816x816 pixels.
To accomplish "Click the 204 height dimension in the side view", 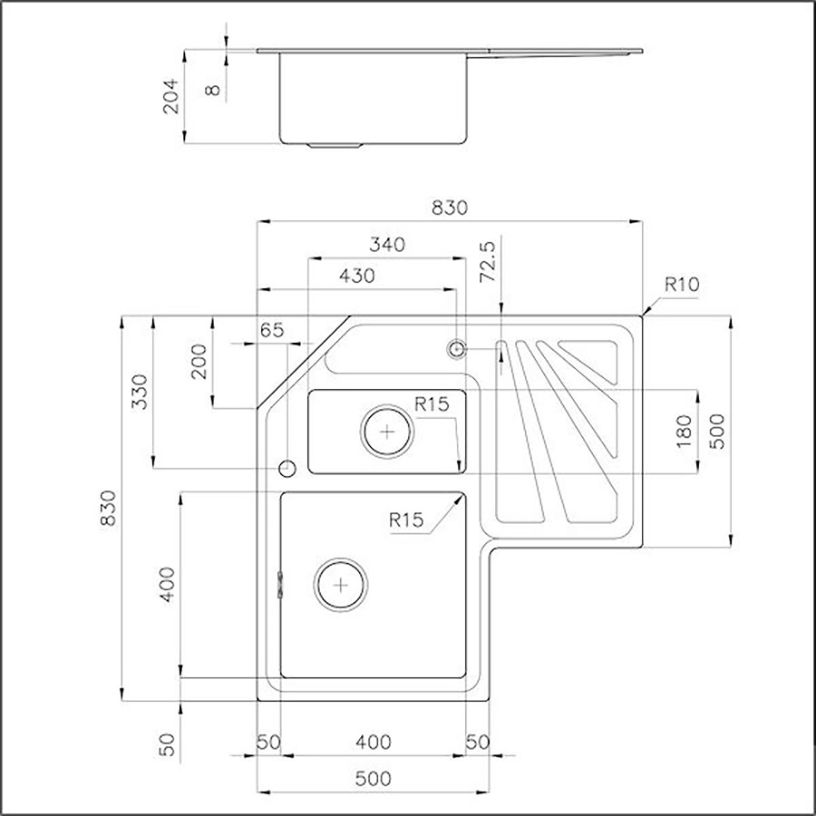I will [171, 95].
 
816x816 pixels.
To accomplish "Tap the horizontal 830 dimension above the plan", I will [449, 208].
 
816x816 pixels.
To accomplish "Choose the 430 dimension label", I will [356, 277].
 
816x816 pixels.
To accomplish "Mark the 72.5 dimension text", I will [489, 263].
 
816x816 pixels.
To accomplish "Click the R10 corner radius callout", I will [682, 284].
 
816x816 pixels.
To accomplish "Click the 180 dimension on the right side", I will [684, 430].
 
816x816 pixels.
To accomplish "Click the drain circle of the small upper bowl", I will [388, 431].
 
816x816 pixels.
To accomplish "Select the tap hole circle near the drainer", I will [457, 348].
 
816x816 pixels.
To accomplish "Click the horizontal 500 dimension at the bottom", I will [373, 778].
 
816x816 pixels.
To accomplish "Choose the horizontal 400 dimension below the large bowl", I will [373, 743].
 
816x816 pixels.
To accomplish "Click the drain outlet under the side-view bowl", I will [336, 145].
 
